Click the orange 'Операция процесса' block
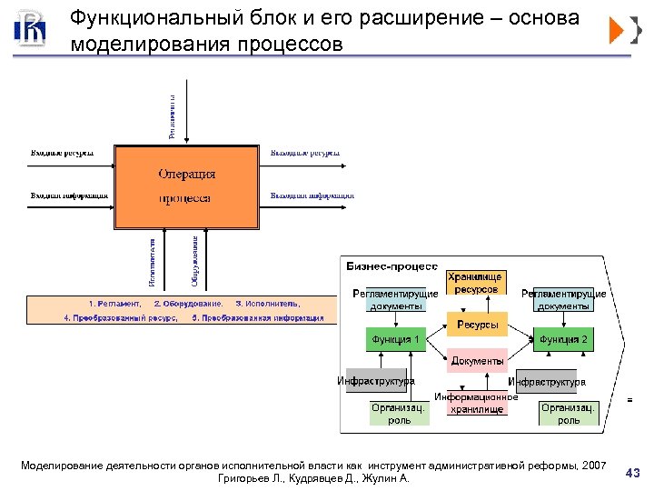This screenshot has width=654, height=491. [x=186, y=186]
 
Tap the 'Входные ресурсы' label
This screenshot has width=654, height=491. [x=63, y=153]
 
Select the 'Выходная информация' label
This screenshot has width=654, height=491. [x=312, y=195]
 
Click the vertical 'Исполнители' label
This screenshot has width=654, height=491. [x=153, y=259]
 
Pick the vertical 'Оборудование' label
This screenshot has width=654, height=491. [x=194, y=257]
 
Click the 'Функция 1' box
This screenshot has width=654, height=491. [x=395, y=340]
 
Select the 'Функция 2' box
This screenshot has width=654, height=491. [x=563, y=340]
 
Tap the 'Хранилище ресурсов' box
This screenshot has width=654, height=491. [x=476, y=283]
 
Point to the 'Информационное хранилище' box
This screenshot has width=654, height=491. [x=476, y=403]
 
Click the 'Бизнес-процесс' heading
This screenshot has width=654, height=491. [x=392, y=266]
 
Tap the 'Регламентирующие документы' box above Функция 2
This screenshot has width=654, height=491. [x=563, y=299]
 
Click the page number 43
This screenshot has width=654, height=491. [x=633, y=471]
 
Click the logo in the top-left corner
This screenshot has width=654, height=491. [x=30, y=29]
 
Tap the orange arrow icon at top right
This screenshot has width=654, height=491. [x=617, y=31]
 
